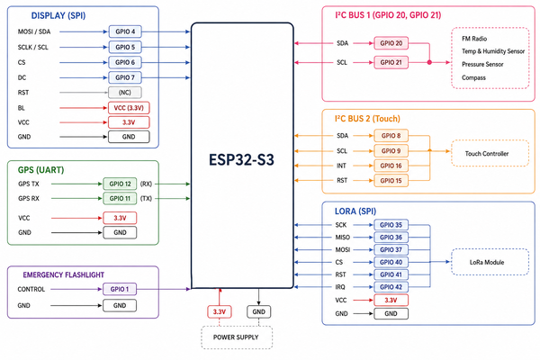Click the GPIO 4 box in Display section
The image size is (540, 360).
point(125,31)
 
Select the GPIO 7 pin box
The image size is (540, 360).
point(125,77)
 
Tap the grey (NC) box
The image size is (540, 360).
point(125,93)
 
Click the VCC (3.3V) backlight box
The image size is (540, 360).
point(129,108)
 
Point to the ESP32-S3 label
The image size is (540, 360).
point(241,160)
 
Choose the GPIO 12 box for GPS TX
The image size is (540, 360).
point(120,184)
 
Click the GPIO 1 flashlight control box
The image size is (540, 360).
point(120,289)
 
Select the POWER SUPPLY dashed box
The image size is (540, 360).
point(237,337)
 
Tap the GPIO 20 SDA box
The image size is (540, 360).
point(391,43)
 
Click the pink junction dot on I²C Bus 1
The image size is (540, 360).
point(429,62)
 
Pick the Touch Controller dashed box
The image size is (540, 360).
point(490,153)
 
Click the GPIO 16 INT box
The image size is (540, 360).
point(391,166)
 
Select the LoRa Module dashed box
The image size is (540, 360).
point(490,262)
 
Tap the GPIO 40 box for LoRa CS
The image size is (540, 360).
point(391,262)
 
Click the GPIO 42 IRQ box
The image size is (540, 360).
point(391,287)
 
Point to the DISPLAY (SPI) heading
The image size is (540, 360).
point(58,15)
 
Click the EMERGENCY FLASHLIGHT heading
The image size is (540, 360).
point(63,274)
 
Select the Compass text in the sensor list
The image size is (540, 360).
point(473,77)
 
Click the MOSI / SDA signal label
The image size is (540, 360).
point(34,31)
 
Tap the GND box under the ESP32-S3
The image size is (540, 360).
point(258,311)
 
